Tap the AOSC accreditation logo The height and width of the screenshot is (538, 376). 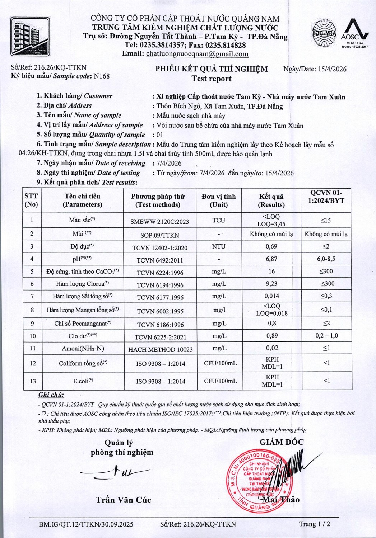(x=354, y=33)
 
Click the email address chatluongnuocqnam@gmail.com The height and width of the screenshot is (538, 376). (x=197, y=54)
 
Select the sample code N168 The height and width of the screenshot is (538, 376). (x=101, y=76)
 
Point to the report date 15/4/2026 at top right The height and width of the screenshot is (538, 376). (x=332, y=69)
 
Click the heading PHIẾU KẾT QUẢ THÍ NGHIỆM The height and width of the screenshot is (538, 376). (x=212, y=69)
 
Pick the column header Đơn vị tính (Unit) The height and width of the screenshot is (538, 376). (x=219, y=200)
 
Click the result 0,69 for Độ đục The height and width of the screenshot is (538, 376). (x=271, y=247)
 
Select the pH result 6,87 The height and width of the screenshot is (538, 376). (x=271, y=259)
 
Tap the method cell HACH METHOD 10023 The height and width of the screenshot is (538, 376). (x=160, y=349)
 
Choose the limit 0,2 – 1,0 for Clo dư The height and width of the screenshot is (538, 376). (x=326, y=336)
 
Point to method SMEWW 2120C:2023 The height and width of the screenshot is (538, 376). (x=159, y=222)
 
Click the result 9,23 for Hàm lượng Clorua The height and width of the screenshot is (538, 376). (x=271, y=284)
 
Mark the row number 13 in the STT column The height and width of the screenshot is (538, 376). (x=33, y=381)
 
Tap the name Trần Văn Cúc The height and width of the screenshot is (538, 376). (x=123, y=500)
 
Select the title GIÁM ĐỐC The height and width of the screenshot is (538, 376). (x=282, y=442)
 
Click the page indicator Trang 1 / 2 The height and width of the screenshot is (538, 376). (x=315, y=524)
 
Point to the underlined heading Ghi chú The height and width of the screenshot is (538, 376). (x=51, y=395)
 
